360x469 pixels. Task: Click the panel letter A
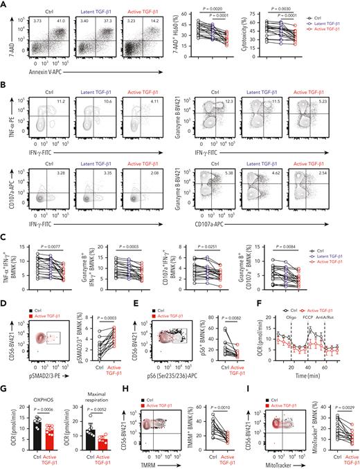coord(4,5)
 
